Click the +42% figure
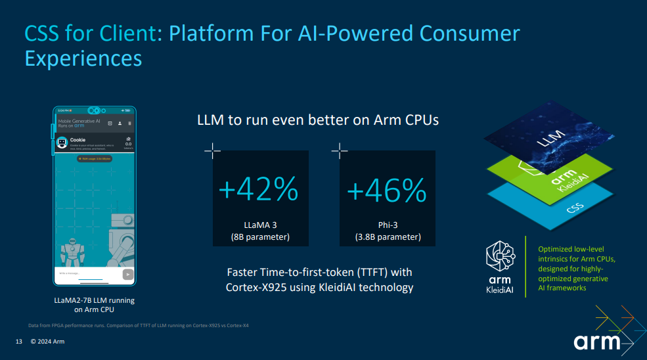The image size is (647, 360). coord(258,191)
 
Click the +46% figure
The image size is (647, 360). coord(387,191)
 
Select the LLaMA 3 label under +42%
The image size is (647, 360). coord(259,225)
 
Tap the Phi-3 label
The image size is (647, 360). coord(388,225)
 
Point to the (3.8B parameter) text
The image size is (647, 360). coord(388,237)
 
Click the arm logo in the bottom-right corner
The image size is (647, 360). coord(597,342)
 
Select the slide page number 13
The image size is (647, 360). coord(19,342)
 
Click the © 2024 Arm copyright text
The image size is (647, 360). coord(47,342)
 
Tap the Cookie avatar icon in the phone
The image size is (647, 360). coord(62,143)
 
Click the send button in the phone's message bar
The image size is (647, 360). coord(127,274)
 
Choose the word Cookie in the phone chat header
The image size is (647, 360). coord(78,139)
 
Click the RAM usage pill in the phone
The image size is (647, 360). coord(95,159)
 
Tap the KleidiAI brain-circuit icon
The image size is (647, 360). coord(499,255)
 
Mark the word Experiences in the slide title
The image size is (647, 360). coord(83,58)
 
